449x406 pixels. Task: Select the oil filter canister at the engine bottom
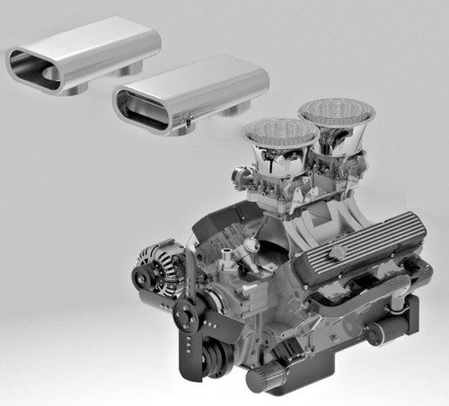click(x=267, y=378)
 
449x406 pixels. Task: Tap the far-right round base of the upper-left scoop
click(x=132, y=68)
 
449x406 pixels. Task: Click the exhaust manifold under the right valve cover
click(x=359, y=301)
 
